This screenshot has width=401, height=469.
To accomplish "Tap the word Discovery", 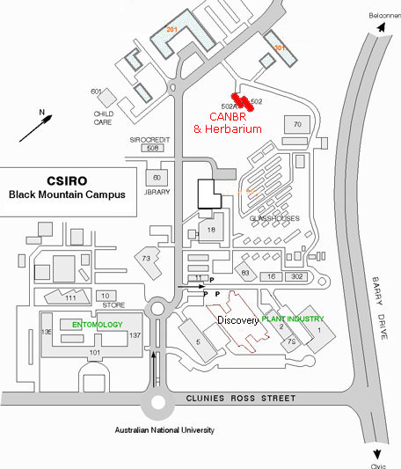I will click(x=238, y=321).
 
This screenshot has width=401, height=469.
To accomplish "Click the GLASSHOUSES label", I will click(x=274, y=218).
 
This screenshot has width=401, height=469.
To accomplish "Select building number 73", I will click(x=147, y=257).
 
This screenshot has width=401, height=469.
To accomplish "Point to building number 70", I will click(x=297, y=124).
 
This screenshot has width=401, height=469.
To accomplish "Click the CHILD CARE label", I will click(x=104, y=117).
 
